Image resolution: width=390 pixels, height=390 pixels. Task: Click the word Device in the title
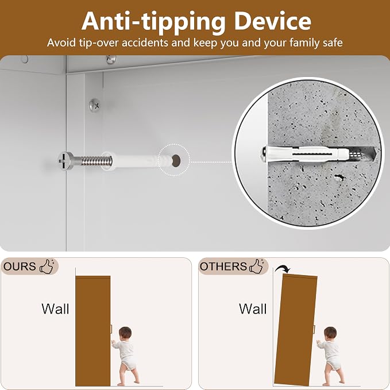[273, 21]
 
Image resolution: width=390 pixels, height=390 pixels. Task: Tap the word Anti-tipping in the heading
[153, 22]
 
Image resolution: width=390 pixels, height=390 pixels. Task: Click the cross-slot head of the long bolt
[66, 161]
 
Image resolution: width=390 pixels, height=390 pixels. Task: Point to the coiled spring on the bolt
[96, 161]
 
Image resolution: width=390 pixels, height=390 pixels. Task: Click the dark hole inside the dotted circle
[176, 160]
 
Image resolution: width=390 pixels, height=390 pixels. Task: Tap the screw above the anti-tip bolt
[95, 105]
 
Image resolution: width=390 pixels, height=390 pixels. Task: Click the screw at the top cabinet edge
[111, 59]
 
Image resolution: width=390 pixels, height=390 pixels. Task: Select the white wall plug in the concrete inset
[308, 154]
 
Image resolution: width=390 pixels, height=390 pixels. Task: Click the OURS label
[20, 267]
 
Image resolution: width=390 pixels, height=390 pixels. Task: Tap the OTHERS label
[223, 267]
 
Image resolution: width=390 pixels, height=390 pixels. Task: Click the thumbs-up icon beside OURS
[48, 267]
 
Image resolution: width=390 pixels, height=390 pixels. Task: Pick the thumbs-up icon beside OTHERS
[257, 267]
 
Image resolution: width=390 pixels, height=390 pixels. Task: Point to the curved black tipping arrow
[283, 268]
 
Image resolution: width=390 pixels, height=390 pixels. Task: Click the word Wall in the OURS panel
[55, 309]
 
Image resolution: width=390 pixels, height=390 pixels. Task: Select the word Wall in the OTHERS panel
[253, 309]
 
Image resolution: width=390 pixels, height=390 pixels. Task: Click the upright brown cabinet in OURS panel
[93, 331]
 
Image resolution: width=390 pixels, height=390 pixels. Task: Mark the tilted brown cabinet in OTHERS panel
[295, 330]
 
